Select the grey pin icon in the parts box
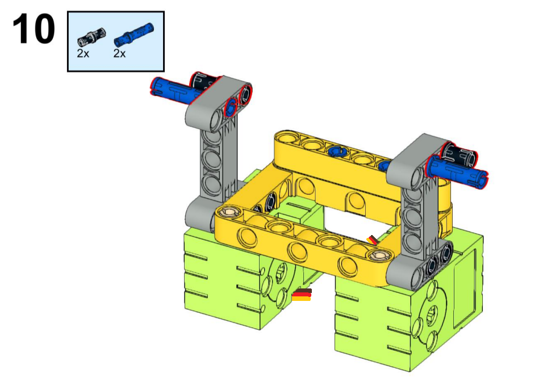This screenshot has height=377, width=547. pyautogui.click(x=91, y=37)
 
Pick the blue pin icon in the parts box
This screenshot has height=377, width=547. pyautogui.click(x=133, y=34)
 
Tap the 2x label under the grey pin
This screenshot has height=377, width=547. pyautogui.click(x=83, y=53)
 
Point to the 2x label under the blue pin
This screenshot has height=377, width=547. pyautogui.click(x=119, y=53)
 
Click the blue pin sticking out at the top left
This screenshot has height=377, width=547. pyautogui.click(x=173, y=91)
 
